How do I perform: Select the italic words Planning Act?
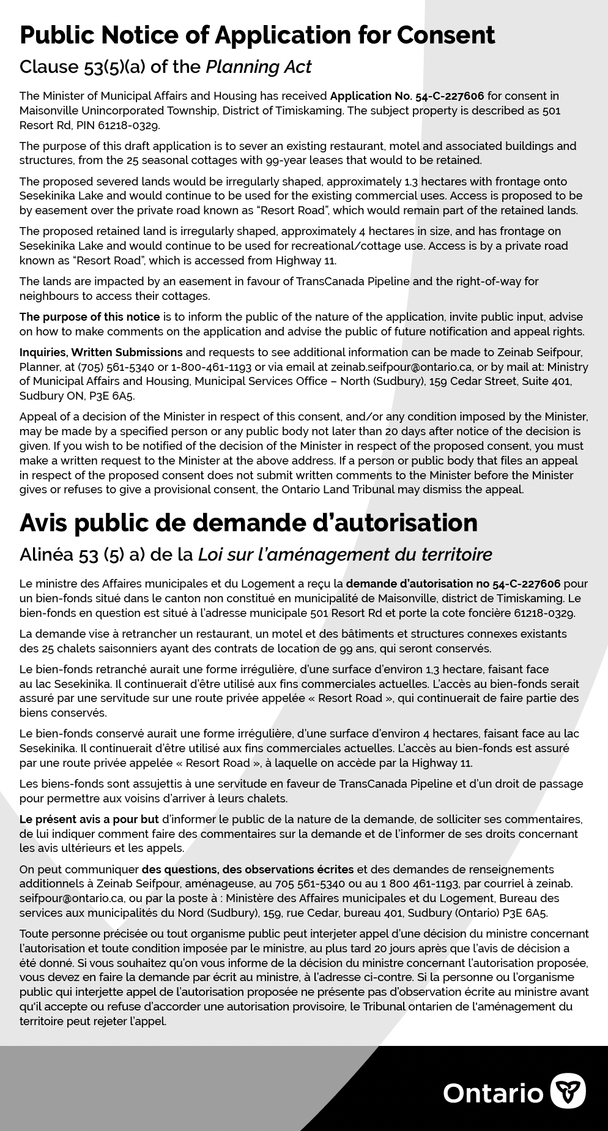tap(258, 67)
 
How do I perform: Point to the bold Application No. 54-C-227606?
tap(407, 96)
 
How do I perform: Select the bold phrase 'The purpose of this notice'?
tap(89, 317)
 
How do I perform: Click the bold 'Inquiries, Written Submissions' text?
tap(101, 353)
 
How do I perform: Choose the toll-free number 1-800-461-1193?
tap(212, 367)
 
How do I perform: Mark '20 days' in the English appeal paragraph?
tap(404, 431)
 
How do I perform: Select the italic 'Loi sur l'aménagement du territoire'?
tap(345, 554)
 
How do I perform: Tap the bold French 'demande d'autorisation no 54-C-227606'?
tap(453, 584)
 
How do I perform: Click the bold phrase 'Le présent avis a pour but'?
tap(89, 819)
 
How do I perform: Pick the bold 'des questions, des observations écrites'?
tap(248, 870)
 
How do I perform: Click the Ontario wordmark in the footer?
tap(493, 1093)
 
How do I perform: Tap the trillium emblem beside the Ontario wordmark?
tap(568, 1091)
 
